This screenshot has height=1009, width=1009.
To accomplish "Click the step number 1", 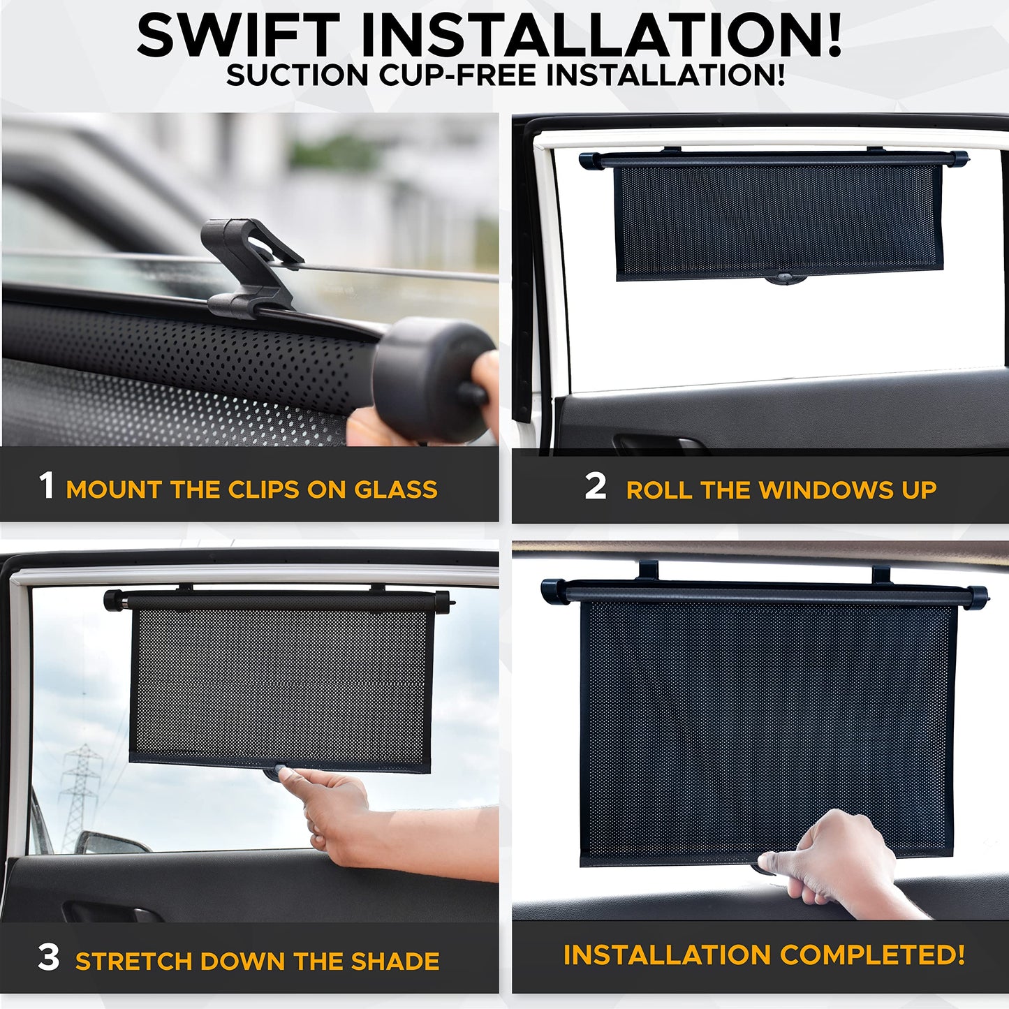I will tap(46, 485).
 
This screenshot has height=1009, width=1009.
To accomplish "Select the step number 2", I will tap(595, 485).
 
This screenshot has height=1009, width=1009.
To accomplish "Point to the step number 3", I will tap(48, 957).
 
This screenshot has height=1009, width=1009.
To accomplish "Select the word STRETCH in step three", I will tap(133, 962).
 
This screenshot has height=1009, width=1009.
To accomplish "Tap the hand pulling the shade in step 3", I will tap(335, 810).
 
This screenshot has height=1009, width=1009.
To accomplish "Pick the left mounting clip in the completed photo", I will tap(648, 570).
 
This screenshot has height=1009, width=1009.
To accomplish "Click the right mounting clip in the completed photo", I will tap(881, 575).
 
